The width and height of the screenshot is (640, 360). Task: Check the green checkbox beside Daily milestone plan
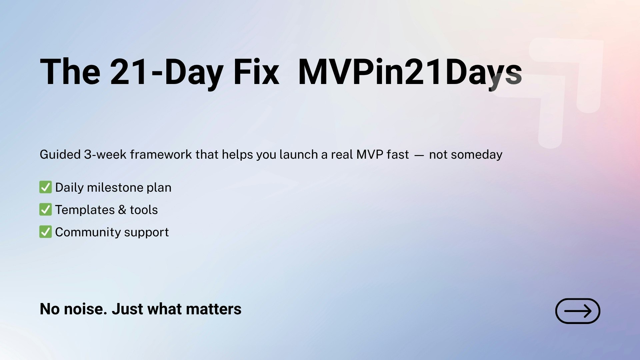45,187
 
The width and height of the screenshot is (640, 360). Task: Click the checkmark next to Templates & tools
45,210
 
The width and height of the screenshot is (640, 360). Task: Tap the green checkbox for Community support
45,232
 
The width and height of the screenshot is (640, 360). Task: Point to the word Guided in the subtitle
60,155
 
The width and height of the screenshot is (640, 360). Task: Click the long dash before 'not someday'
419,155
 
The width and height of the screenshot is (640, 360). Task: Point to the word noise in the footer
85,309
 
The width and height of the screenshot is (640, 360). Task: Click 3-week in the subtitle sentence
105,155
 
